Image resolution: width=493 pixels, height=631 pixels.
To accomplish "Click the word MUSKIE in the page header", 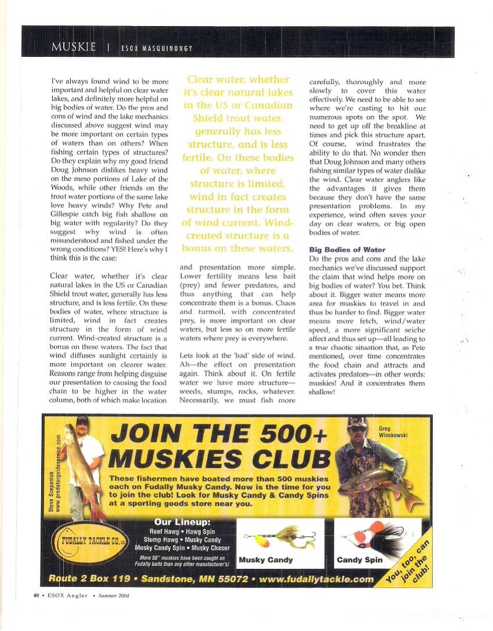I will (x=73, y=47).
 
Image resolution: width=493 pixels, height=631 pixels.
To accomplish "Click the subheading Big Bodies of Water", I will (x=347, y=250).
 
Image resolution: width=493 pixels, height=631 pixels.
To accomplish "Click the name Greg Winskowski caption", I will (x=391, y=431).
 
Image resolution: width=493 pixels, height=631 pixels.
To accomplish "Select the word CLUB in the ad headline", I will (x=279, y=460).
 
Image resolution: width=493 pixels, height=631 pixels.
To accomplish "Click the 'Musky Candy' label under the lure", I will (x=266, y=560).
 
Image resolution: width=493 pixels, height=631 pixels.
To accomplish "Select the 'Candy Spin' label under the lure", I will (x=359, y=560).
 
